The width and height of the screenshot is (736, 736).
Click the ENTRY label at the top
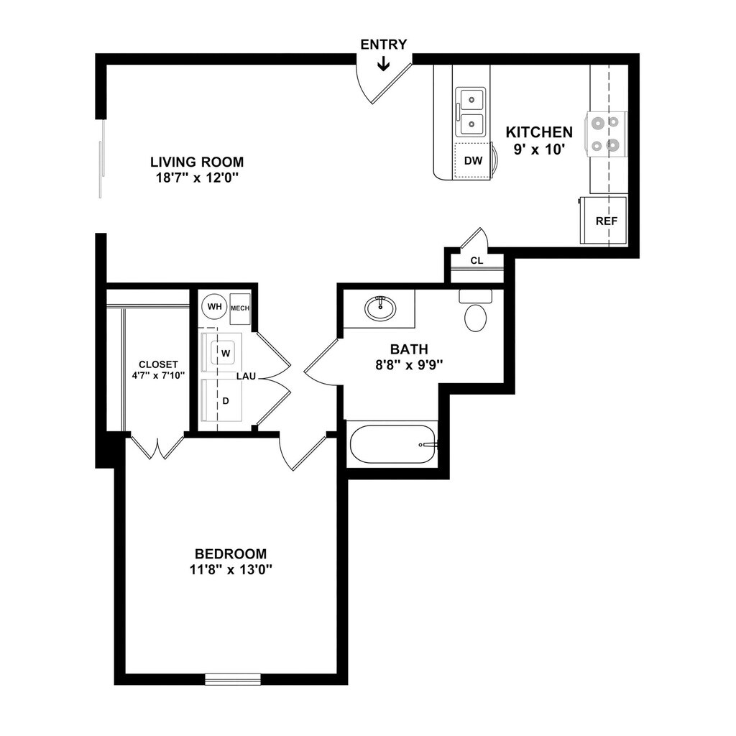coord(383,45)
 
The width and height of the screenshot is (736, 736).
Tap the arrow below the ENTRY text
coord(383,65)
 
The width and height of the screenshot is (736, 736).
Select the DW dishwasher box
coord(473,160)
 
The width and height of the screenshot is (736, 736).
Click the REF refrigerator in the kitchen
coord(605,221)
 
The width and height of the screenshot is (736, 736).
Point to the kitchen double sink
coord(471,111)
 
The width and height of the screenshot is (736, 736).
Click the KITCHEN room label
coord(539,132)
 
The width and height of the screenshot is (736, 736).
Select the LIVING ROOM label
coord(196,162)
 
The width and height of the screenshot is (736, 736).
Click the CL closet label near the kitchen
coord(477,260)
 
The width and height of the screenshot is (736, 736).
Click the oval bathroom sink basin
coord(379,309)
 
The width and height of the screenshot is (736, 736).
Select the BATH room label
coord(404,349)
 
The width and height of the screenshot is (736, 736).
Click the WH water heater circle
coord(214,307)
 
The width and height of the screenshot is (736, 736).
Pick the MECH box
coord(239,308)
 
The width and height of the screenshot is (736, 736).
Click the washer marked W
coord(225,353)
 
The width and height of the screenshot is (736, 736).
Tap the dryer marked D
coord(225,400)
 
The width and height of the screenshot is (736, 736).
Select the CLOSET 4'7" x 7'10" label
coord(158,369)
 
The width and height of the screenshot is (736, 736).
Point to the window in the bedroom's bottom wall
coord(232,678)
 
